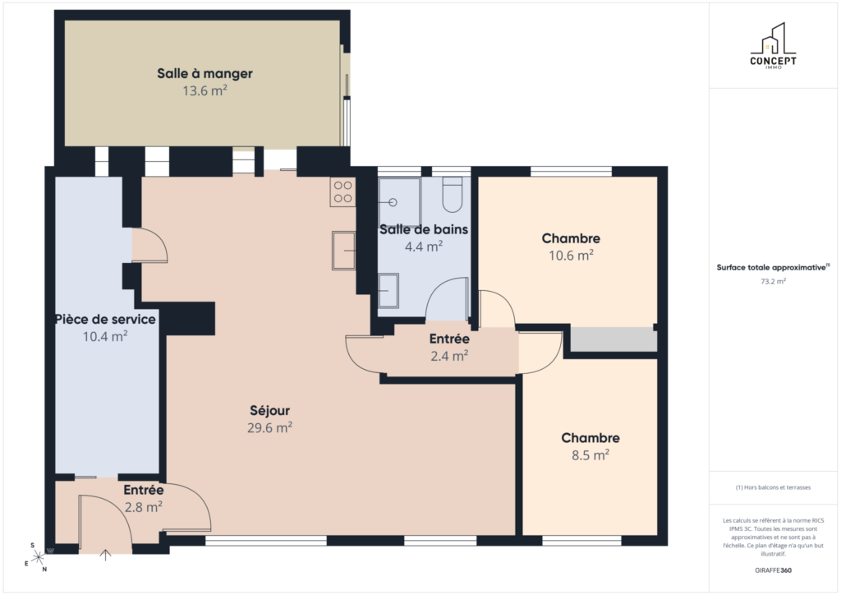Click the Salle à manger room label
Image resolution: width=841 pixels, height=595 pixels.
pos(205,73)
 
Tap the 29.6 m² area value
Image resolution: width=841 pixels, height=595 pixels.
pos(269,427)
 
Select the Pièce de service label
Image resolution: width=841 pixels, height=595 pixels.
pos(105,319)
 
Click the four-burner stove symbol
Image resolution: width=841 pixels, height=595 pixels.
pos(342,192)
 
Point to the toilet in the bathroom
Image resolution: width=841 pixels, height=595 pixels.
pos(453,195)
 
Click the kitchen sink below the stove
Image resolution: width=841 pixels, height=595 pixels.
pos(344,251)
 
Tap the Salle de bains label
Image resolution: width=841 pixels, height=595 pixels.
pos(424,229)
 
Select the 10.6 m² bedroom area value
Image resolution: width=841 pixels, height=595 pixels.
pos(571,256)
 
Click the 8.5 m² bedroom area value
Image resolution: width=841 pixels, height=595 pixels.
pos(590,455)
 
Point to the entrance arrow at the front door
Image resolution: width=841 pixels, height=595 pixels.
pos(106,556)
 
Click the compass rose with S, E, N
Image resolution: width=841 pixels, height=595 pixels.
pos(36,558)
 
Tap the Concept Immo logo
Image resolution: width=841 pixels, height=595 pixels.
pos(773,46)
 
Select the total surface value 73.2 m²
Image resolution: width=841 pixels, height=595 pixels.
pos(773,281)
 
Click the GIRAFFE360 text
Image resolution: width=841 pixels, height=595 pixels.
pos(773,570)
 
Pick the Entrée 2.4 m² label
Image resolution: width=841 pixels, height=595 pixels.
pos(449,347)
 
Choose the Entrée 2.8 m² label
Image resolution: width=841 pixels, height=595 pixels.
pos(143,498)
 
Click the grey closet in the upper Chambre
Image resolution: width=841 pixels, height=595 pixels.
pos(614,339)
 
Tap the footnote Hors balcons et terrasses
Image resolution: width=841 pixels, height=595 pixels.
pos(773,487)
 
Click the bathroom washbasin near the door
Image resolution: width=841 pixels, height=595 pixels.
pos(388,290)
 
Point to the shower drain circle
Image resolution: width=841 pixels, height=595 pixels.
pos(393,202)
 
